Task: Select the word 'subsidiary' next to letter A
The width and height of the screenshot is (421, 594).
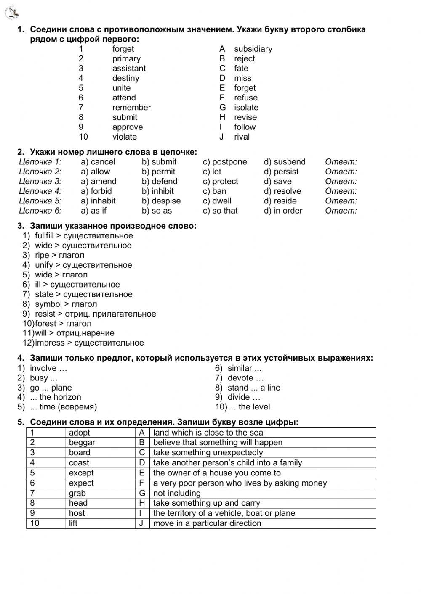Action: (x=253, y=49)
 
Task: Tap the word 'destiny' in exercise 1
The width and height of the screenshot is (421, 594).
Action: (x=125, y=78)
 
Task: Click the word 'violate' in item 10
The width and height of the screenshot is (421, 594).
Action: (x=124, y=137)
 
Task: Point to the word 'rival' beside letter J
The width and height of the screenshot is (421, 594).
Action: (x=242, y=137)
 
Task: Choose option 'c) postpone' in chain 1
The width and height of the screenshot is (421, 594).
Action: (x=225, y=162)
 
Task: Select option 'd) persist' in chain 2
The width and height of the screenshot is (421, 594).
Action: (x=281, y=172)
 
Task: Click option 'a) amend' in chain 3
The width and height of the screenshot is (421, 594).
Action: (x=99, y=181)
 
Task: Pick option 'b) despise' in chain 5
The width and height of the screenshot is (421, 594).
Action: (x=161, y=201)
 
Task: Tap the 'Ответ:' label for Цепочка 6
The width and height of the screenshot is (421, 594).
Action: (x=341, y=211)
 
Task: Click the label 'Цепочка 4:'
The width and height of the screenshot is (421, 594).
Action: (x=40, y=191)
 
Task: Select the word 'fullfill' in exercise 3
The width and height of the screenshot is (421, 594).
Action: (x=44, y=236)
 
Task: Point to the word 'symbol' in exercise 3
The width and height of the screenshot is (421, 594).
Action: (x=48, y=304)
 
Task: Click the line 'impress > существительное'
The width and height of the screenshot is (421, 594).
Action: (x=89, y=343)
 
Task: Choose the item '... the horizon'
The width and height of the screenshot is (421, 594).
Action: (x=55, y=397)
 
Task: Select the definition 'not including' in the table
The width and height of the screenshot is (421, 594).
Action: (x=177, y=493)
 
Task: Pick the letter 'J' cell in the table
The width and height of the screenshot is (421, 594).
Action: (x=142, y=523)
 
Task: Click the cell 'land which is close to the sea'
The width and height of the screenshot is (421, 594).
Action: (x=208, y=433)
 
